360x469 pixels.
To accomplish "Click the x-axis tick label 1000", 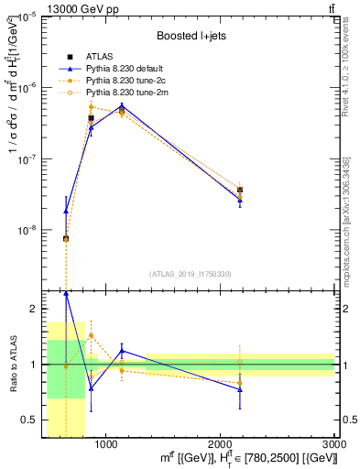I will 106,444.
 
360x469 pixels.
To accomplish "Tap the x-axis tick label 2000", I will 221,444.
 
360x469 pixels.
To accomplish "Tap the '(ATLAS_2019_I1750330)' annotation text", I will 191,273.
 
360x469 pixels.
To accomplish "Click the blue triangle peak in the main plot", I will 122,104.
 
